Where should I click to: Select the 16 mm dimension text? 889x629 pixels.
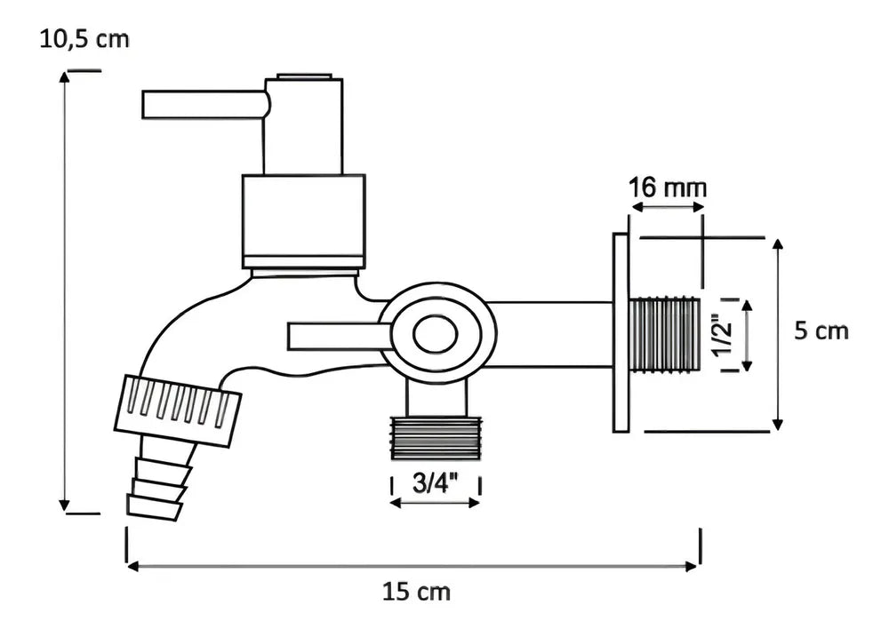(668, 188)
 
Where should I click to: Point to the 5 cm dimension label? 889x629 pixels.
(821, 331)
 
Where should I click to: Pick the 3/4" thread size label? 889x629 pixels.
(436, 484)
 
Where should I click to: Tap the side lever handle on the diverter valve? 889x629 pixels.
(338, 336)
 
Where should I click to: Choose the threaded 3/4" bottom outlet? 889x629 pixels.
(436, 436)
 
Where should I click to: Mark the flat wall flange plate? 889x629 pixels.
(621, 332)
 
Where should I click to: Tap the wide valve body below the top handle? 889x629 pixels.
(303, 220)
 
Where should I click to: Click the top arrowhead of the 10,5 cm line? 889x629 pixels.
(65, 78)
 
